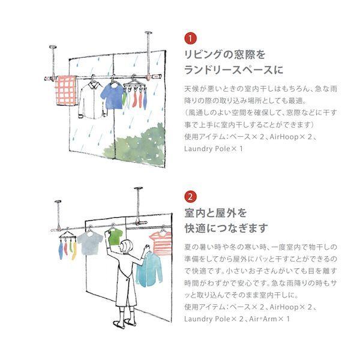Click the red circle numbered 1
[190, 38]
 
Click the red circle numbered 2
[190, 197]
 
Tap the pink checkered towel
[66, 91]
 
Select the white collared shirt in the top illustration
[92, 101]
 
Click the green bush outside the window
[138, 145]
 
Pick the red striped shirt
[161, 243]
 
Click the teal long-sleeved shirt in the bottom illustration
[149, 269]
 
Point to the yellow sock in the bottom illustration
[74, 251]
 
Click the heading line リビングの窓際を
[225, 55]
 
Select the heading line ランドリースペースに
[234, 70]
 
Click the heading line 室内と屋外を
[215, 213]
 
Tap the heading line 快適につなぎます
[226, 228]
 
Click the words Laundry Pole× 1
[214, 149]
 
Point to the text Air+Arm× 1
[269, 319]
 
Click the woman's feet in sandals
[125, 323]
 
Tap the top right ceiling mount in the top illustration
[149, 32]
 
